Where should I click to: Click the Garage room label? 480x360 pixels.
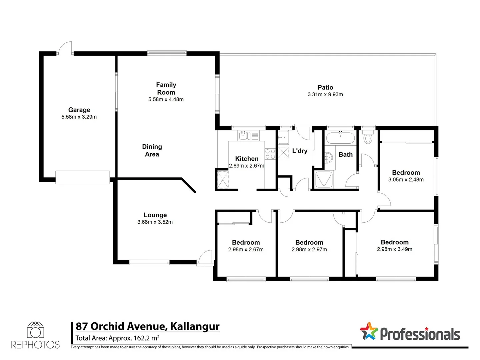(x=79, y=110)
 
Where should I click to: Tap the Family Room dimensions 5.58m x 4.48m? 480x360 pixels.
(x=166, y=99)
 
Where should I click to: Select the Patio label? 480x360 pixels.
(x=325, y=87)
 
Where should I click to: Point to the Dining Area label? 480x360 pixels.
(x=152, y=150)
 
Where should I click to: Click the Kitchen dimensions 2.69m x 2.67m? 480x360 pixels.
(x=246, y=166)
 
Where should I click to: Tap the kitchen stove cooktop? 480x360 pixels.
(x=270, y=154)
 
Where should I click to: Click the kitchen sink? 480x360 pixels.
(x=244, y=135)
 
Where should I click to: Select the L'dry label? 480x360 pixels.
(x=300, y=151)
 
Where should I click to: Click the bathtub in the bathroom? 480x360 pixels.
(x=340, y=138)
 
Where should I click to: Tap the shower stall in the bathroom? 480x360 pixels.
(x=324, y=180)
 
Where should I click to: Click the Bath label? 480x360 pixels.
(x=346, y=154)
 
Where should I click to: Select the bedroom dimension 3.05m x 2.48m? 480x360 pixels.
(x=406, y=180)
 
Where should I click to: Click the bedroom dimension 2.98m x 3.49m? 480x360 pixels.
(x=394, y=249)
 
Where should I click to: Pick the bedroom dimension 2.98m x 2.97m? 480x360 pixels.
(x=309, y=250)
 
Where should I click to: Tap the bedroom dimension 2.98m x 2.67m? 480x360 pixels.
(x=246, y=250)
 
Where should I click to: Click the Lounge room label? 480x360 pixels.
(x=155, y=215)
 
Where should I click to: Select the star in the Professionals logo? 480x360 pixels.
(x=369, y=331)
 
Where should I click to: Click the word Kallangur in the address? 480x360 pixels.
(x=195, y=326)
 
